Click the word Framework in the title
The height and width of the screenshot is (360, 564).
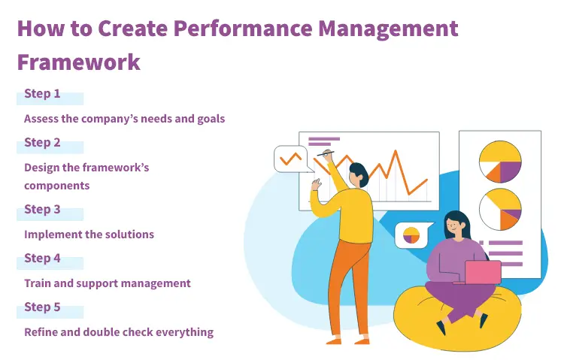point(78,61)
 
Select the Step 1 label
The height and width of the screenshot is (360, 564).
point(42,94)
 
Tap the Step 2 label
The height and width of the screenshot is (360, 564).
point(42,143)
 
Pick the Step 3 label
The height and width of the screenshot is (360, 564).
point(42,210)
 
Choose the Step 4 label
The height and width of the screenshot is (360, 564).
point(42,259)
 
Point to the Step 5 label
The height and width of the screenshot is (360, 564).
point(42,307)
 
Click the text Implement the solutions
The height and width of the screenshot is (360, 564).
point(89,234)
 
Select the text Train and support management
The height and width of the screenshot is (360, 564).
point(107,283)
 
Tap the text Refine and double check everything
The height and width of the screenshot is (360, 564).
point(119,332)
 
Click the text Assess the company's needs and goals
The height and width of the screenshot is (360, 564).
point(124,119)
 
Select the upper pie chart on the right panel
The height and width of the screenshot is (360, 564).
point(500,162)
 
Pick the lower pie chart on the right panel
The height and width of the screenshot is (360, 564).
point(500,208)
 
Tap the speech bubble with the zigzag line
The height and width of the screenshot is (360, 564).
point(291,159)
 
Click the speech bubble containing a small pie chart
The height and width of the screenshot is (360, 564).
point(411,235)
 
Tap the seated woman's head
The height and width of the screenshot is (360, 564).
point(456,223)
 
